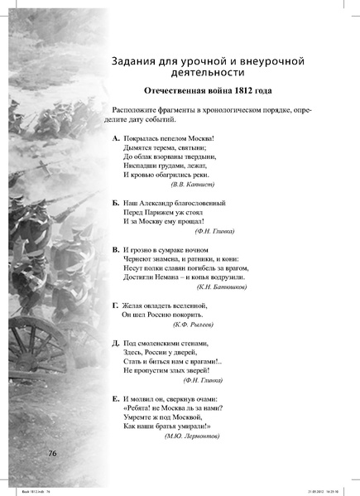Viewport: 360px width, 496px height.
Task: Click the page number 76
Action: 51,453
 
